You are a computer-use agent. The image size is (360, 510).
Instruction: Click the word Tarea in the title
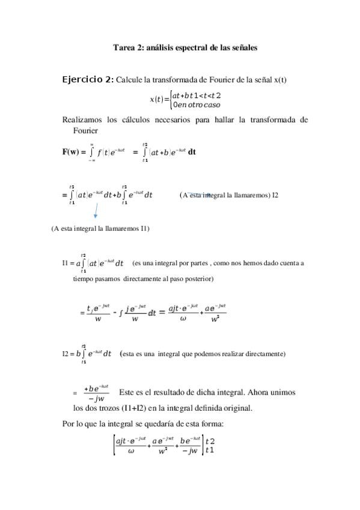[124, 48]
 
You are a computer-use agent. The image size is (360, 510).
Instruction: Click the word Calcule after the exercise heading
[130, 81]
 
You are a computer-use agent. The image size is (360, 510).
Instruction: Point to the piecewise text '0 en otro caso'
[196, 105]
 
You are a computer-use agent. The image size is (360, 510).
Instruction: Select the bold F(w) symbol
[74, 152]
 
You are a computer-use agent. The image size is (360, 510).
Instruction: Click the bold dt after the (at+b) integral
[192, 152]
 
